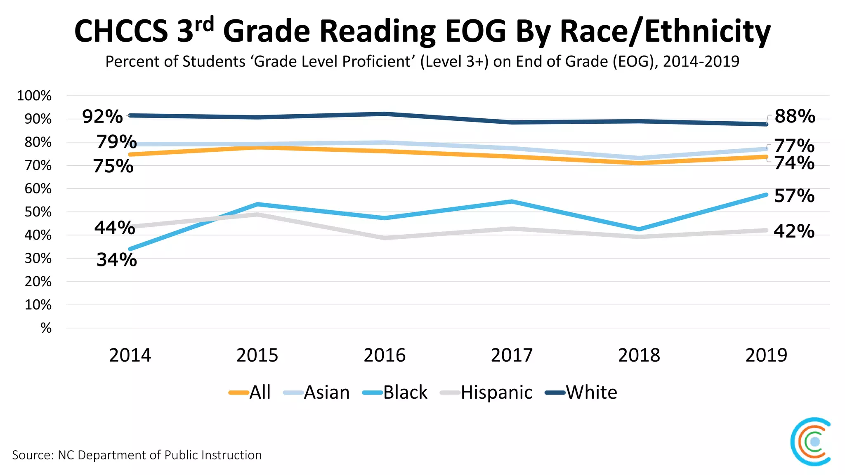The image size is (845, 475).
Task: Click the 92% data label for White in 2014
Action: [102, 117]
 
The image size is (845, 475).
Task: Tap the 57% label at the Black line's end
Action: [794, 196]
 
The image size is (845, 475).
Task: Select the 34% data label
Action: [116, 260]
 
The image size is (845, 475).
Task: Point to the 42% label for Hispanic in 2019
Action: [794, 231]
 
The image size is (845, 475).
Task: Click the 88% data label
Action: [795, 116]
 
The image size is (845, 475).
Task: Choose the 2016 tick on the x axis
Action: [385, 355]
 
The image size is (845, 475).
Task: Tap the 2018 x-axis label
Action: [639, 355]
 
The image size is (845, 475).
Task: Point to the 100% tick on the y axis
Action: [34, 96]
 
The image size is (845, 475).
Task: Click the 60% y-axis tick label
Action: [38, 189]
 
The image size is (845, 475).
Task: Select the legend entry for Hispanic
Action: [487, 393]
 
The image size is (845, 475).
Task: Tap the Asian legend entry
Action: [316, 393]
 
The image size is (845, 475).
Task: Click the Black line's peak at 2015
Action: [257, 204]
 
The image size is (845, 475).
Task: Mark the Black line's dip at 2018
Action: [639, 229]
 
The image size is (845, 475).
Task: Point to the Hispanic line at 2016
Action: [385, 238]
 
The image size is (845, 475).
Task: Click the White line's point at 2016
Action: [385, 114]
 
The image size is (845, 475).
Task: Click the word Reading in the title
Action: [378, 31]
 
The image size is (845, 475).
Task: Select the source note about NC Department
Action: [137, 455]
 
